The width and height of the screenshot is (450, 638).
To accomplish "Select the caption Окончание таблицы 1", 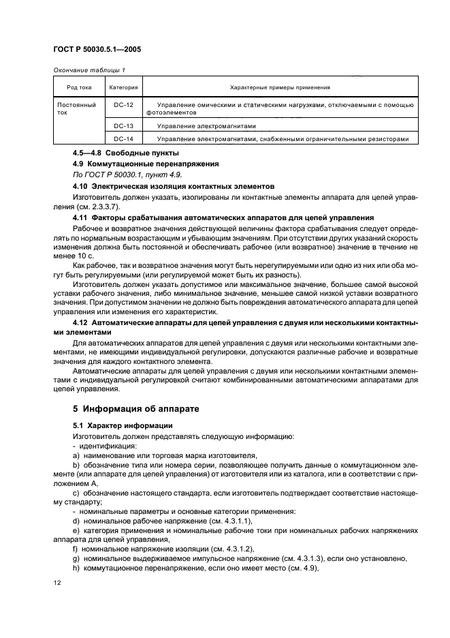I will point(89,70).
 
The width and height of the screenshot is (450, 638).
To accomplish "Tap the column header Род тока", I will point(78,87).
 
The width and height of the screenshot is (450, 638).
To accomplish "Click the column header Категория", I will point(123,87).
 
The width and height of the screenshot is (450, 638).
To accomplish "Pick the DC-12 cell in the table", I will point(123,104).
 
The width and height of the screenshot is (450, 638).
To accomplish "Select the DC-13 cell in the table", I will point(123,126).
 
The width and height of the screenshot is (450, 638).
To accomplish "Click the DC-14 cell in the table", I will point(123,139).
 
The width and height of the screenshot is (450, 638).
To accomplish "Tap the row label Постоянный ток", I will point(71,108).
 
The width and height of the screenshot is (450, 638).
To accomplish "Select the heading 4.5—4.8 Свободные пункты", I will point(116,153).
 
